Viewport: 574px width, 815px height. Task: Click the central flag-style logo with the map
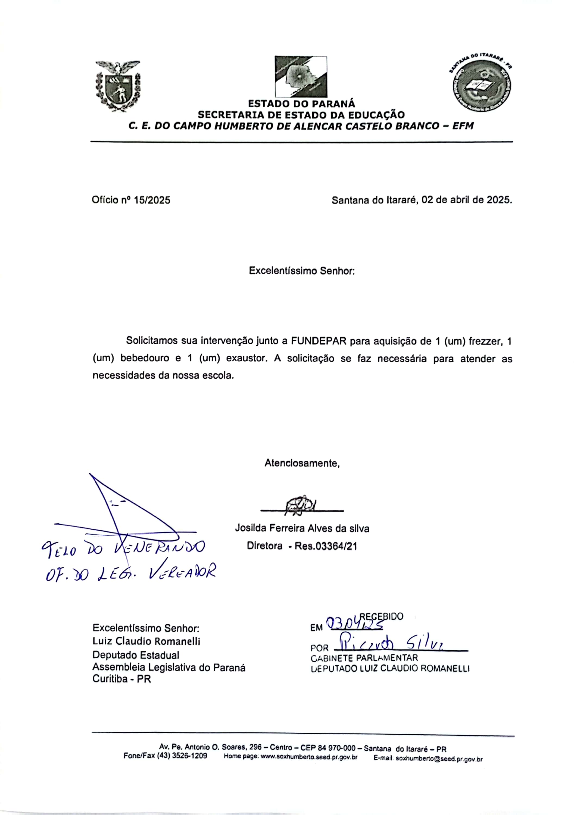pos(301,76)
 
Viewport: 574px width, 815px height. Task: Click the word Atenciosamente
pos(302,463)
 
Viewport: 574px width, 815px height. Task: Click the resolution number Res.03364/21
pos(325,546)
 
